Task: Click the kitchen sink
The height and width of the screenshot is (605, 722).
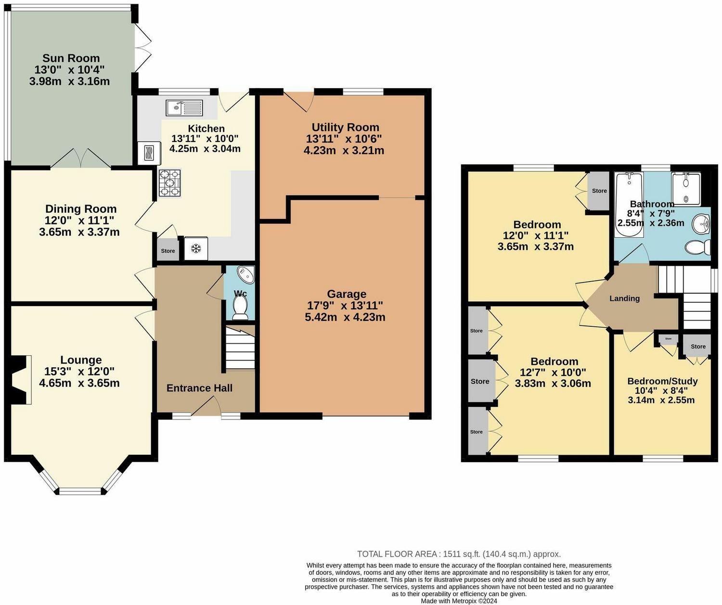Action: [x=184, y=107]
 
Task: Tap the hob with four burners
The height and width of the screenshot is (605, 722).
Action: [x=170, y=183]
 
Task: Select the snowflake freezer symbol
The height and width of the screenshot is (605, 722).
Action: [x=196, y=248]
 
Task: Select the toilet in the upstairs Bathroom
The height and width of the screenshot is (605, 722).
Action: [x=698, y=247]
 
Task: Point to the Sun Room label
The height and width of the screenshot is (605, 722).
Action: [x=71, y=58]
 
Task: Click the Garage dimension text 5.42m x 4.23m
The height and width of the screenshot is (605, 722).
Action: [x=345, y=317]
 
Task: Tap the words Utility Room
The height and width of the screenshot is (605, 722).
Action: [x=345, y=127]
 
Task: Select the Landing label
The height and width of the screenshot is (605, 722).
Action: [x=624, y=298]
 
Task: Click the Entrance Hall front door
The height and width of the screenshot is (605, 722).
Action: [x=206, y=406]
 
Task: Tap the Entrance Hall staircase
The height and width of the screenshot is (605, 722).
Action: [x=240, y=348]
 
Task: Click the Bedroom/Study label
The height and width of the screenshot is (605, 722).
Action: [x=662, y=381]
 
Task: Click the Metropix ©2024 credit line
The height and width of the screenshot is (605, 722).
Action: [x=459, y=601]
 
